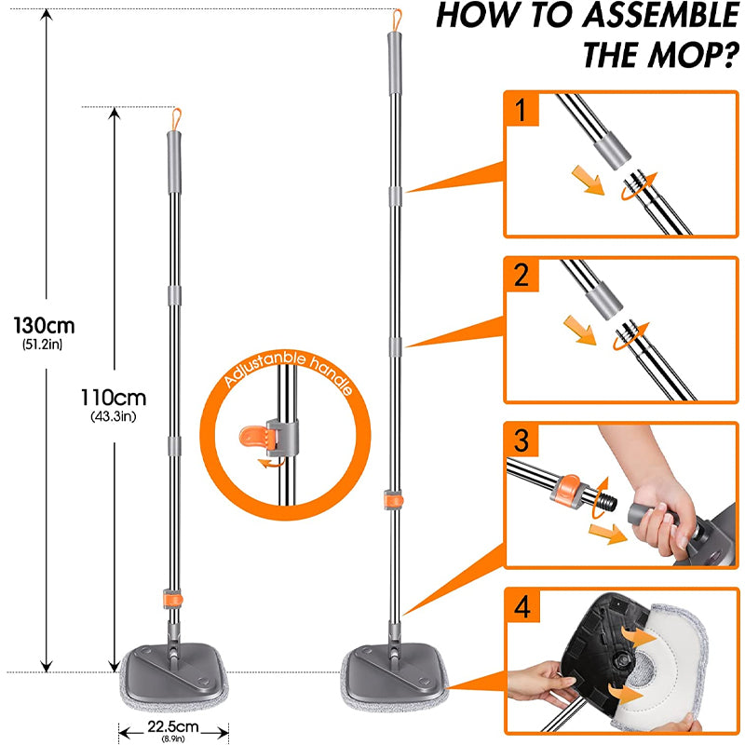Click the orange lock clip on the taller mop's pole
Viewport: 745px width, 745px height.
click(x=392, y=499)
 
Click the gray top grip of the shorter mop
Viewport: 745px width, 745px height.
click(x=171, y=148)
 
